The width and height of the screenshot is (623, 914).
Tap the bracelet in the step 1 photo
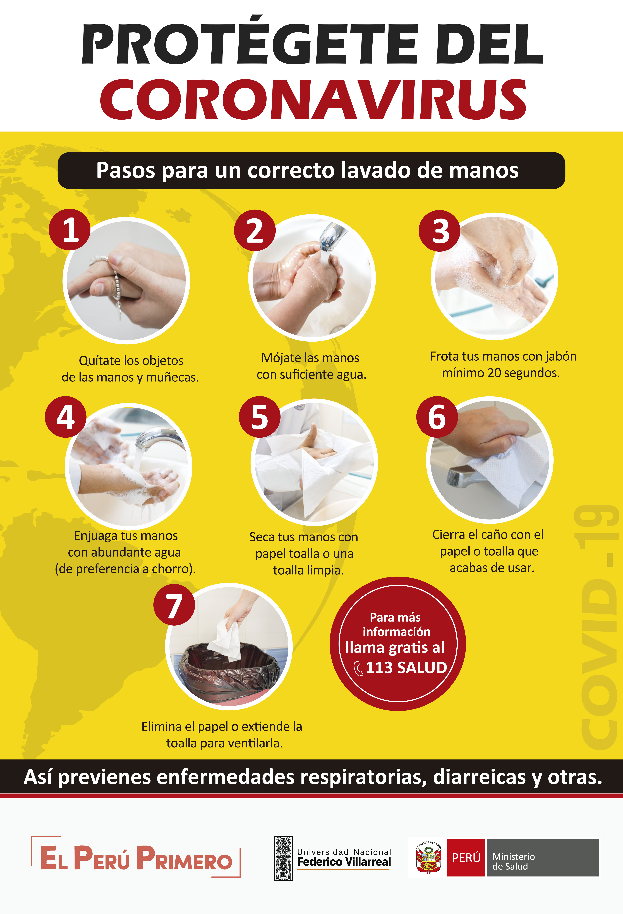point(112,275)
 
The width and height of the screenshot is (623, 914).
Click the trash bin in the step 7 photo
point(228,673)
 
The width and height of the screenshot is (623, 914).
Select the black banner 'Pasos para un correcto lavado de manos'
point(311,170)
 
